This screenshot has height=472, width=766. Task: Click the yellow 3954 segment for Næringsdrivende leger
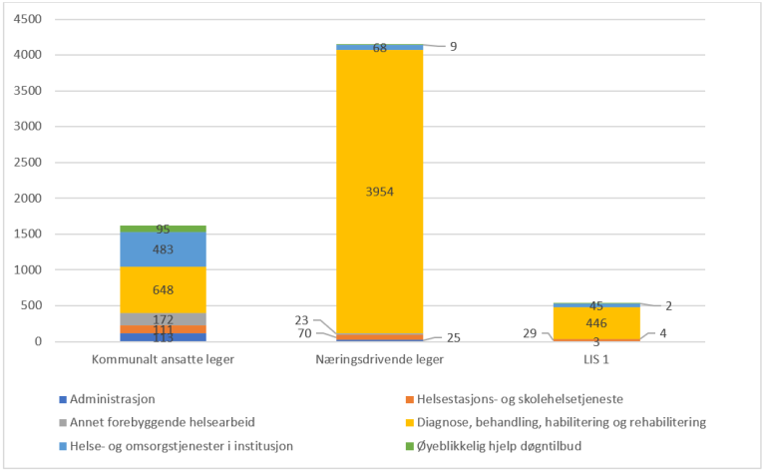[380, 192]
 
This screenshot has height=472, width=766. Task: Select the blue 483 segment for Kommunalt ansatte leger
[164, 249]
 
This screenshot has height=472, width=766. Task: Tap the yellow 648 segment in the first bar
[164, 290]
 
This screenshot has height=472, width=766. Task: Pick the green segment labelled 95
[164, 229]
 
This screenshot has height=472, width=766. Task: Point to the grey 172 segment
[164, 318]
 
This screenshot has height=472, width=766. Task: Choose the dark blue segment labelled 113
[164, 337]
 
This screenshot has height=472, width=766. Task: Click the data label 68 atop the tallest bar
[380, 47]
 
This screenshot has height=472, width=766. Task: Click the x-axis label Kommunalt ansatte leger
[164, 358]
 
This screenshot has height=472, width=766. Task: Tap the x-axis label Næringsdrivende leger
[380, 358]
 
